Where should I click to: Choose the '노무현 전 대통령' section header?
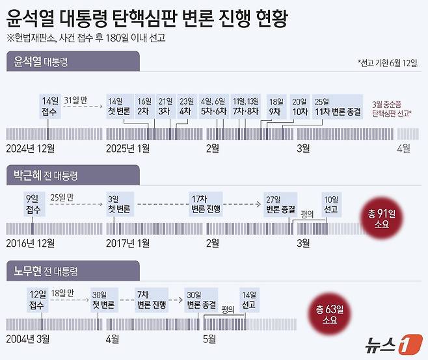pos(46,270)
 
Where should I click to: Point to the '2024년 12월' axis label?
pos(31,148)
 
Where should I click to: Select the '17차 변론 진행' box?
pos(206,204)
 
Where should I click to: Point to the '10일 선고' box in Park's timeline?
pos(331,204)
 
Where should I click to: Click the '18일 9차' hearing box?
pos(276,107)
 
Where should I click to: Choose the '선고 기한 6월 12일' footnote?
pos(388,63)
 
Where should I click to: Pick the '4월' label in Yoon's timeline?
pos(403,148)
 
